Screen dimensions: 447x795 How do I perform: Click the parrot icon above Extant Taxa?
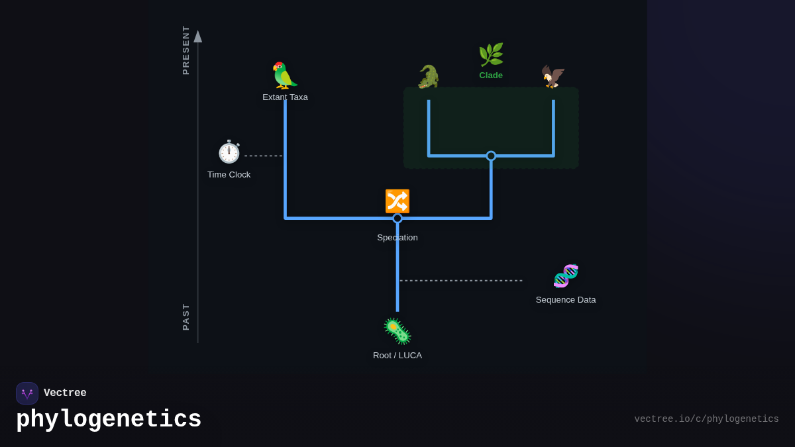285,75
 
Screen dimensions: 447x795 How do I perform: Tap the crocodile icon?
429,77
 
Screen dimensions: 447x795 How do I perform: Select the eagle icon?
553,77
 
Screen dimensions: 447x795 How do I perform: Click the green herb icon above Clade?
491,55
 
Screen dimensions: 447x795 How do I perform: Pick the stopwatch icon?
229,152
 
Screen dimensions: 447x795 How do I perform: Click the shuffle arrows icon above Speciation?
397,201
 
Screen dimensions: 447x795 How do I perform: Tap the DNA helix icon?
566,276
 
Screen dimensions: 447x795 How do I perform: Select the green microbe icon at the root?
397,331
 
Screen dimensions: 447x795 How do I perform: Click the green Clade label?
491,75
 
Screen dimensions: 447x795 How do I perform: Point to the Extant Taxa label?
285,97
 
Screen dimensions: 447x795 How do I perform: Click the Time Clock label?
229,175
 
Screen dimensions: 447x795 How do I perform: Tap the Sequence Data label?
566,300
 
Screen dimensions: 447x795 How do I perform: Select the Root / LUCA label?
397,356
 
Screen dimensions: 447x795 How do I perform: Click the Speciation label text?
397,238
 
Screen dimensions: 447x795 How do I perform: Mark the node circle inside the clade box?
491,156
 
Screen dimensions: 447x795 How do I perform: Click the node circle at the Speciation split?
397,218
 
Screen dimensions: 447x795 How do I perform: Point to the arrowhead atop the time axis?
197,36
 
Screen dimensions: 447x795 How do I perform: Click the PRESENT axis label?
186,50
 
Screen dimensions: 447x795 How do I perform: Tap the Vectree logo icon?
27,393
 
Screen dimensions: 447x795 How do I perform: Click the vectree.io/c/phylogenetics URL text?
706,419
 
